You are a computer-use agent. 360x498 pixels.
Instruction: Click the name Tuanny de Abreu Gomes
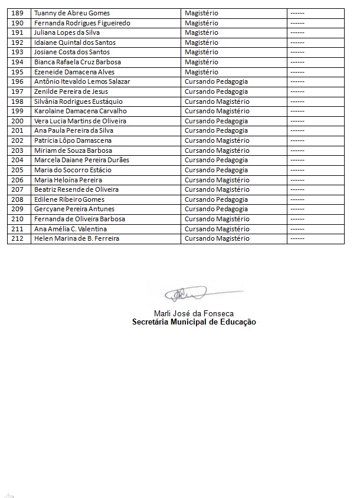(72, 13)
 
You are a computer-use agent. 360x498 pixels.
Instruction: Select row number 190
(18, 23)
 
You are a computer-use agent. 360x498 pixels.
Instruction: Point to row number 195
(18, 72)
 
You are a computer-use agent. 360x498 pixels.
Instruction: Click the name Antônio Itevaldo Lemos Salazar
(82, 81)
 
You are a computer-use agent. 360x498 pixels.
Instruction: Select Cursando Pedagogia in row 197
(216, 91)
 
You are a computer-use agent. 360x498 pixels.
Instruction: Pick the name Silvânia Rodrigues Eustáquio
(78, 101)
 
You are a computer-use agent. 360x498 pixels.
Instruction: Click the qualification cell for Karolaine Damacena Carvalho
(217, 111)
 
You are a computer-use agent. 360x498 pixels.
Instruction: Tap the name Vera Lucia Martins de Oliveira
(80, 121)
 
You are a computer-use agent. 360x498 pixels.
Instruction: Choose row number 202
(18, 140)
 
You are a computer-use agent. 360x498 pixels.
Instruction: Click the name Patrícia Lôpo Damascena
(73, 140)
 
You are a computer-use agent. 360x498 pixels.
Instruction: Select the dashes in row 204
(297, 160)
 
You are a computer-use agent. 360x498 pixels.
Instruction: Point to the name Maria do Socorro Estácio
(73, 170)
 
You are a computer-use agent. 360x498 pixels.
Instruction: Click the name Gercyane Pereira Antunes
(74, 209)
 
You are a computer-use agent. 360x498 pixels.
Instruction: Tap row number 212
(18, 238)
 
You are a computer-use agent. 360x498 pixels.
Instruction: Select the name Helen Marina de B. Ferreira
(77, 238)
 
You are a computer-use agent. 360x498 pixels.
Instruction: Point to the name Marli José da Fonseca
(194, 313)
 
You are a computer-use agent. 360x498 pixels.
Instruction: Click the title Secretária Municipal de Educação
(194, 322)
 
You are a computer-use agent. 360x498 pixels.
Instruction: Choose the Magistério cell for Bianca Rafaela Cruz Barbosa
(201, 62)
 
